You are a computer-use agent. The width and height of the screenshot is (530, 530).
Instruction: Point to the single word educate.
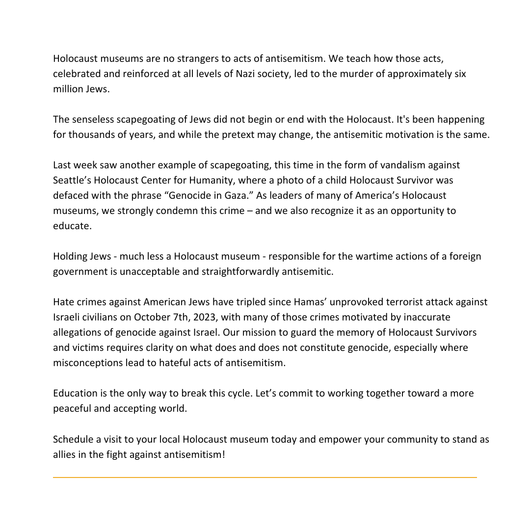click(x=72, y=226)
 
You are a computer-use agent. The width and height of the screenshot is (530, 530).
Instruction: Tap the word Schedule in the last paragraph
click(x=74, y=439)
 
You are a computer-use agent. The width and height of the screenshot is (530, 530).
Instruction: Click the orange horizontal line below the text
click(x=265, y=477)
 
